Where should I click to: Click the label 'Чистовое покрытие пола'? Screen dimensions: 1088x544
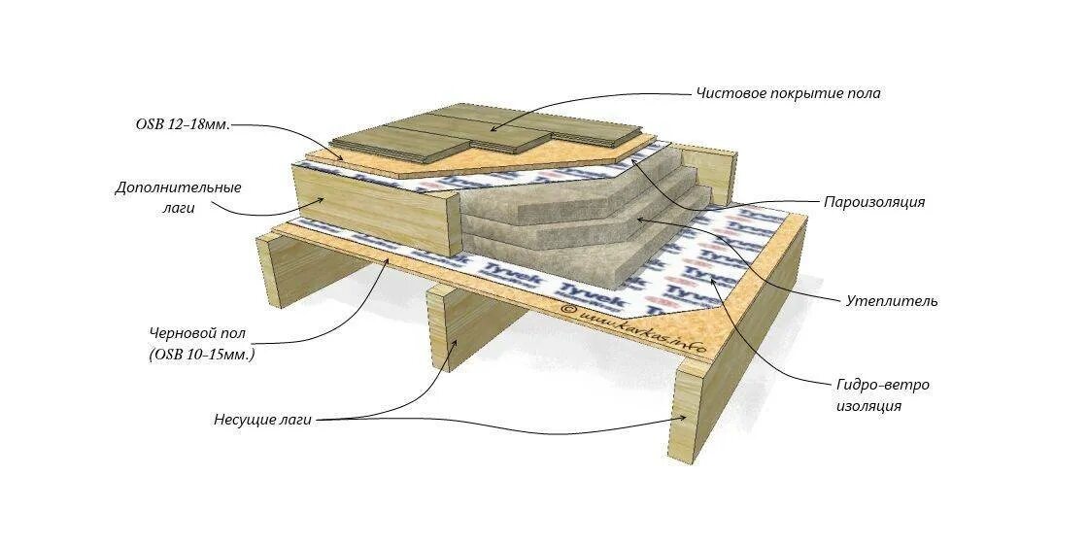788,94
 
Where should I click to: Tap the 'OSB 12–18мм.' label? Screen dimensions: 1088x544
183,125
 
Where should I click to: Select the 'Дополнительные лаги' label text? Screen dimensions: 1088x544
179,197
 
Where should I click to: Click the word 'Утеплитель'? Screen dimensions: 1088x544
893,301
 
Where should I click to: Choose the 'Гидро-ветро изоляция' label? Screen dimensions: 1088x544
882,395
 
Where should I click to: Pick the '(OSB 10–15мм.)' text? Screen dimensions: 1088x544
202,356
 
